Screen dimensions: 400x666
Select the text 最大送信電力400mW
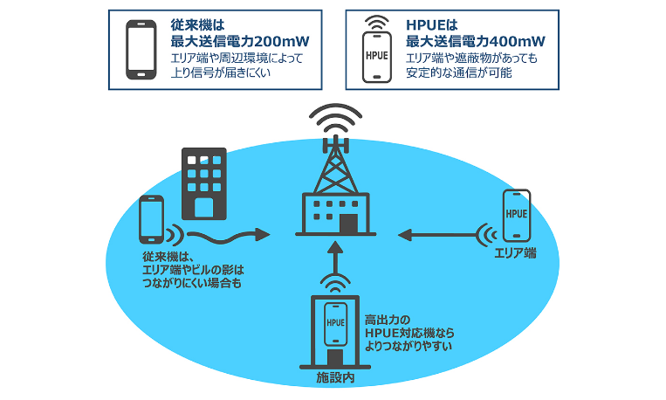476,40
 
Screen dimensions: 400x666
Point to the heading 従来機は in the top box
201,24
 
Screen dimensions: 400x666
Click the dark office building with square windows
203,183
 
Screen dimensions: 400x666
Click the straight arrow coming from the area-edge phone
436,233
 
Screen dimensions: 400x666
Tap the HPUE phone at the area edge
517,213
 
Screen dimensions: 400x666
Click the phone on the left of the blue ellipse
151,220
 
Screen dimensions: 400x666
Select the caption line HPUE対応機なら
411,334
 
